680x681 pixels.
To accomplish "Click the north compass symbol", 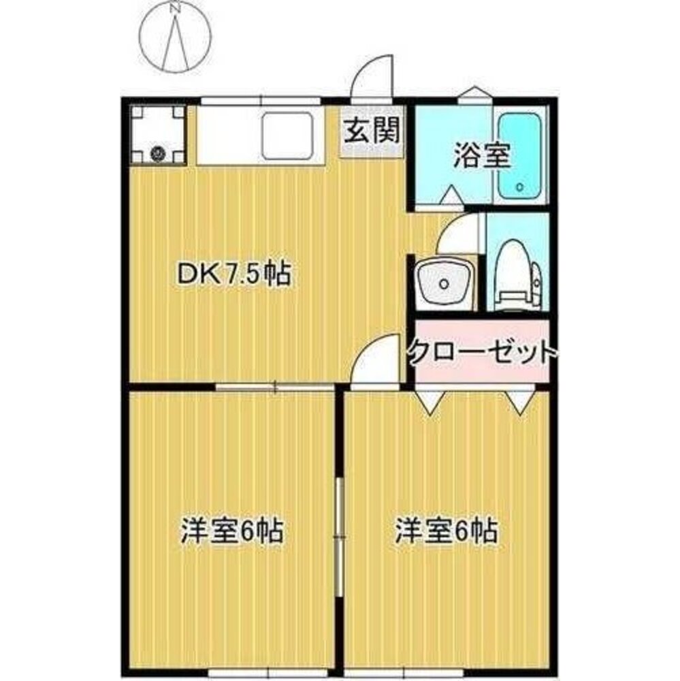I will click(175, 37).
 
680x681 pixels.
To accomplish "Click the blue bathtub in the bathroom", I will click(519, 156).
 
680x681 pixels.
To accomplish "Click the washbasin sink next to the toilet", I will click(444, 283).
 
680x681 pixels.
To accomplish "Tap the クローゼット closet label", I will click(482, 353).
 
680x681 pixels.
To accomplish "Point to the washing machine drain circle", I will click(157, 153).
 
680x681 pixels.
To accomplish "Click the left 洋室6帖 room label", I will click(232, 530).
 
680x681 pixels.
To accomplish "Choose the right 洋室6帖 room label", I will click(447, 530).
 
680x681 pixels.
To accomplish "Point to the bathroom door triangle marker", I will click(450, 195).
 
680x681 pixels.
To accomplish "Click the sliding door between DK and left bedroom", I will click(275, 387).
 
